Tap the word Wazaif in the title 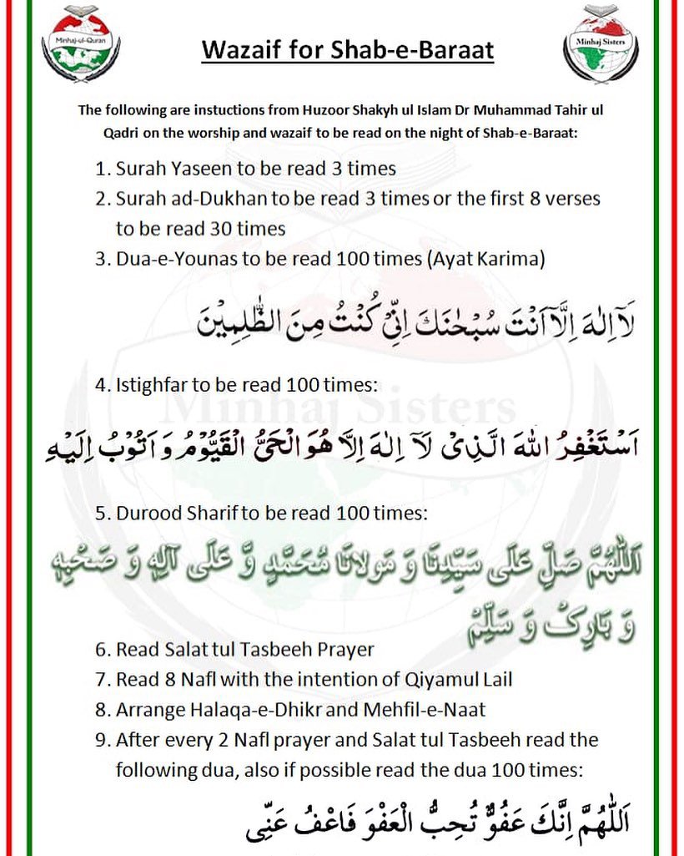(242, 51)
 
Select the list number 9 (98, 741)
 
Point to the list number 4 (98, 386)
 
